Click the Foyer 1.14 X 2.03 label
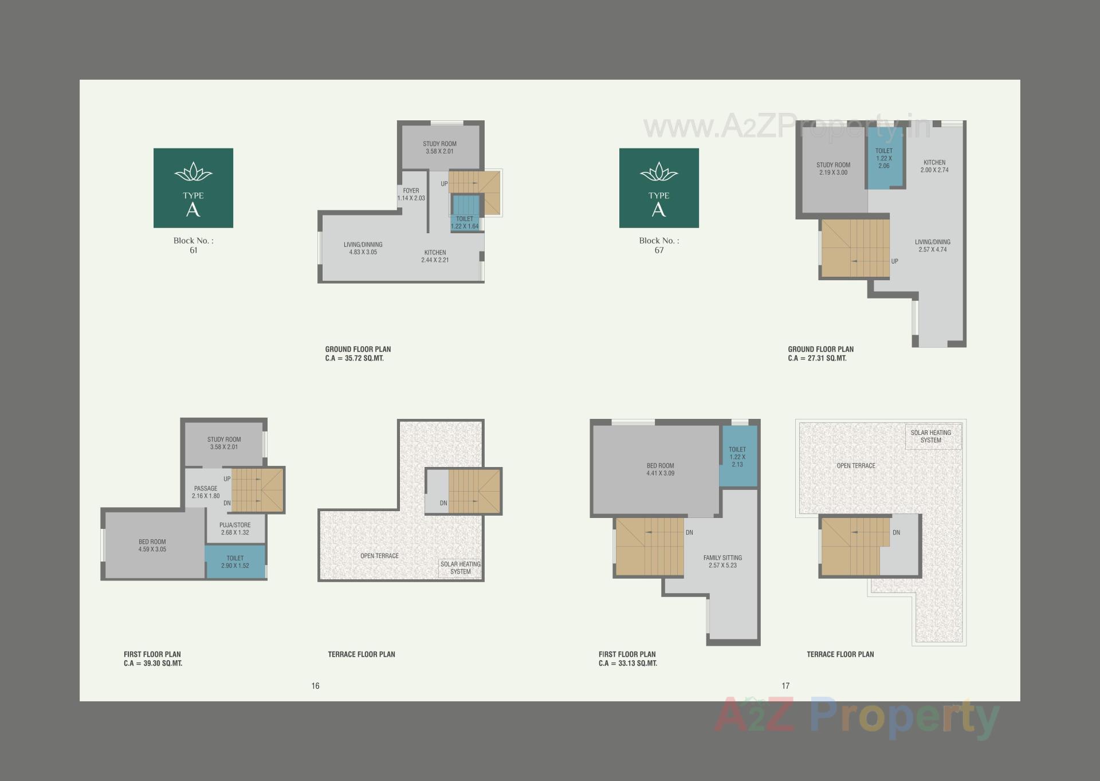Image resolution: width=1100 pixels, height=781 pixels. pyautogui.click(x=411, y=194)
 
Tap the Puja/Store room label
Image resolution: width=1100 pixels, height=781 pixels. pyautogui.click(x=235, y=528)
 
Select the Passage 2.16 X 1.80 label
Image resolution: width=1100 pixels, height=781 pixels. pyautogui.click(x=206, y=492)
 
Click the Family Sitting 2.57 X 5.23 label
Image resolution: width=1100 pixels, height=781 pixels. pyautogui.click(x=722, y=562)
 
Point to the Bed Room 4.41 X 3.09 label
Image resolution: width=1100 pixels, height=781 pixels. pyautogui.click(x=660, y=469)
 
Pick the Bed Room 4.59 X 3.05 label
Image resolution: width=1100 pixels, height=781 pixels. pyautogui.click(x=152, y=545)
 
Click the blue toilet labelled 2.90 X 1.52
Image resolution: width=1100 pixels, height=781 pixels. pyautogui.click(x=235, y=562)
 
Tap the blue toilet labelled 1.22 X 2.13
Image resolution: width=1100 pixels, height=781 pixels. pyautogui.click(x=737, y=457)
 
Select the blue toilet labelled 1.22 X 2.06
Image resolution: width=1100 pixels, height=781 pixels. pyautogui.click(x=883, y=158)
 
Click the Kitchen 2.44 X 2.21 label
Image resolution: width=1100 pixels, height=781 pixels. pyautogui.click(x=435, y=256)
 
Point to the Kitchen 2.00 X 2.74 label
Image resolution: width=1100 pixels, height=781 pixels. pyautogui.click(x=934, y=166)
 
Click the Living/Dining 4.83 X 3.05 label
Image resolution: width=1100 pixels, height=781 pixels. pyautogui.click(x=363, y=248)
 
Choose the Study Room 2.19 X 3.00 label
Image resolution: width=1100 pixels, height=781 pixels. pyautogui.click(x=833, y=168)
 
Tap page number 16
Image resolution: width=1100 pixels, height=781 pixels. pyautogui.click(x=315, y=686)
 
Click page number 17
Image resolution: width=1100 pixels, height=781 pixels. pyautogui.click(x=785, y=686)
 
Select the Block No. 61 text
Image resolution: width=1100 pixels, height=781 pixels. pyautogui.click(x=194, y=245)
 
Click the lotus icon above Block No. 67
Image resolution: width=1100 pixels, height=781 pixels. pyautogui.click(x=659, y=171)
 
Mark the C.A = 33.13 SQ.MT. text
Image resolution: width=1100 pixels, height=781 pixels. pyautogui.click(x=628, y=664)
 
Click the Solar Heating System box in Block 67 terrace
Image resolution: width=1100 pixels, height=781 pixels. pyautogui.click(x=931, y=437)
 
